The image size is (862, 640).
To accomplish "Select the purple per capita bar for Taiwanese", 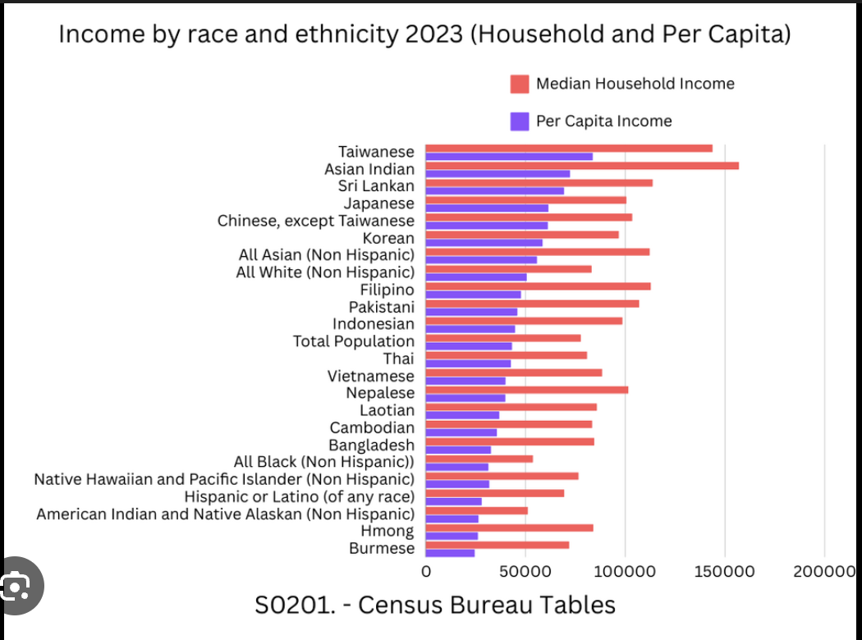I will [x=509, y=157].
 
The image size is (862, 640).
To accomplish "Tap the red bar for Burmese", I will [x=497, y=545].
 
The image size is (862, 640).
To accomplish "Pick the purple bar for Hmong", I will [x=452, y=536].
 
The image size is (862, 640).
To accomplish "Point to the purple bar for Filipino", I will [x=473, y=294].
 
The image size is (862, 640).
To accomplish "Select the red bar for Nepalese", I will [x=526, y=390].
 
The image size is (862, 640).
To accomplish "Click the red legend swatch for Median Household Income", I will [x=519, y=84].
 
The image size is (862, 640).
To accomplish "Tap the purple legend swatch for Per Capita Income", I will [x=519, y=121].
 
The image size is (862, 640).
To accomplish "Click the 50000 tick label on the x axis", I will [x=525, y=571].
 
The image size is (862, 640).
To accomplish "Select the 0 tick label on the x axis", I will [x=426, y=571].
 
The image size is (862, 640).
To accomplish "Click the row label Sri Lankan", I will [x=376, y=186].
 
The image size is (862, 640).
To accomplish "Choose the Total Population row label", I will [x=354, y=341].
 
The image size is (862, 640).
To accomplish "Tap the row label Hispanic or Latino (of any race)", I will [x=299, y=496].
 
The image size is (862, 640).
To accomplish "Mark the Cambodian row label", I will [x=372, y=427].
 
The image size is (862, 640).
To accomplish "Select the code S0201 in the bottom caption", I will [x=294, y=606].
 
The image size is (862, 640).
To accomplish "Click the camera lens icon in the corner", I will [x=16, y=586].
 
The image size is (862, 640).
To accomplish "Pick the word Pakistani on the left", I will [x=381, y=307].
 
